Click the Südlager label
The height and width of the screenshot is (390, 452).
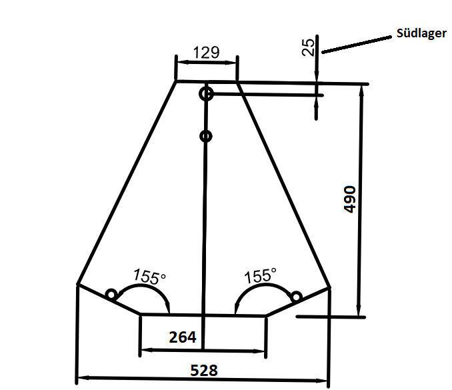pyautogui.click(x=421, y=33)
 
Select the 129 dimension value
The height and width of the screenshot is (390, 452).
pyautogui.click(x=207, y=53)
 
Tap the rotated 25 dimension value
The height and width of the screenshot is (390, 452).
pyautogui.click(x=308, y=47)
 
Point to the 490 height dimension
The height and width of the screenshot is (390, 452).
pyautogui.click(x=350, y=199)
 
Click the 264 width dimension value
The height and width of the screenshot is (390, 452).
pyautogui.click(x=183, y=337)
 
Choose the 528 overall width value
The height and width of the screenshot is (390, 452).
pyautogui.click(x=204, y=371)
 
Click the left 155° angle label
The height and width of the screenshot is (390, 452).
pyautogui.click(x=149, y=277)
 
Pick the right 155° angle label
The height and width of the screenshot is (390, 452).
pyautogui.click(x=260, y=275)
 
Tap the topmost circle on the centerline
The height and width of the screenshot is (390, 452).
pyautogui.click(x=206, y=94)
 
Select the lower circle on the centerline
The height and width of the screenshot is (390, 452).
pyautogui.click(x=206, y=136)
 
